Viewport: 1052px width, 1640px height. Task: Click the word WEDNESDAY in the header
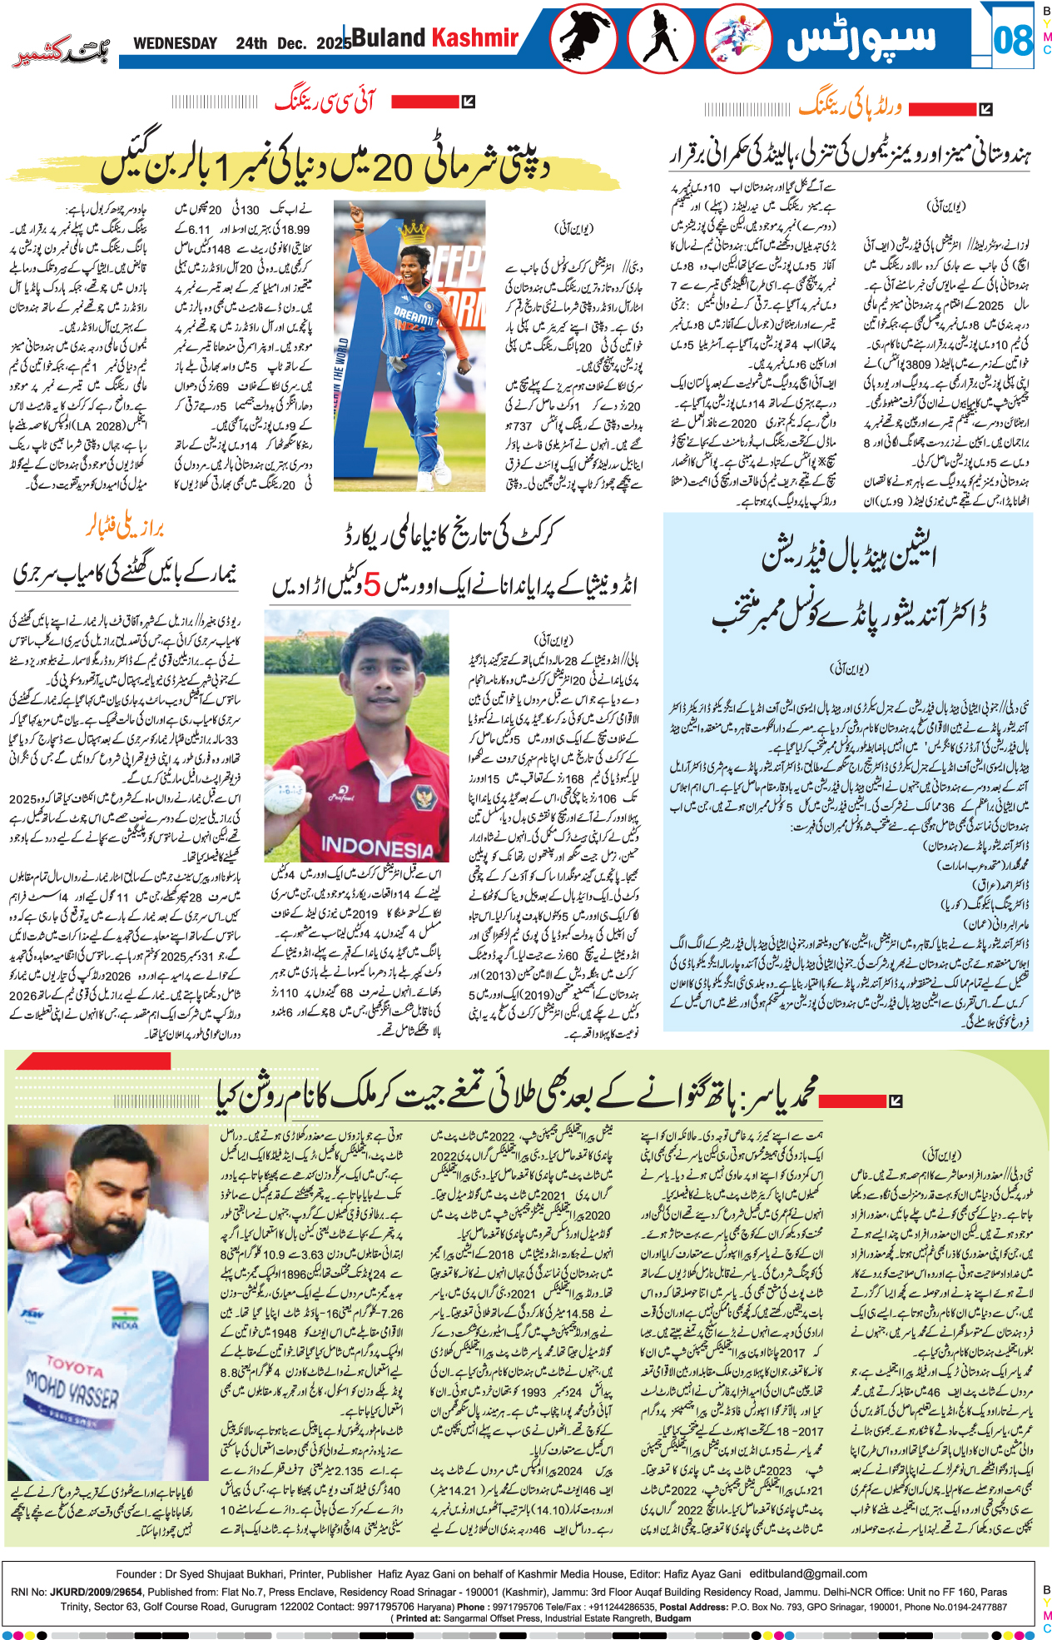click(175, 43)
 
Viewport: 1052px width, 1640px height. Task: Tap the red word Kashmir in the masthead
click(474, 37)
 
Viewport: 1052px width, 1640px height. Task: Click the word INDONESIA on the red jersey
click(377, 848)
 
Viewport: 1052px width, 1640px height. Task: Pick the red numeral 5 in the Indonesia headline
click(371, 586)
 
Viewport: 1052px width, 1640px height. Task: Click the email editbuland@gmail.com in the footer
click(808, 1573)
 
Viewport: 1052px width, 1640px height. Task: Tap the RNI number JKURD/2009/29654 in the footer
click(92, 1592)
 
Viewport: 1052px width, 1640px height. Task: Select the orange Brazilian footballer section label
click(125, 528)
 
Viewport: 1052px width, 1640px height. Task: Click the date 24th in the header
click(251, 43)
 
